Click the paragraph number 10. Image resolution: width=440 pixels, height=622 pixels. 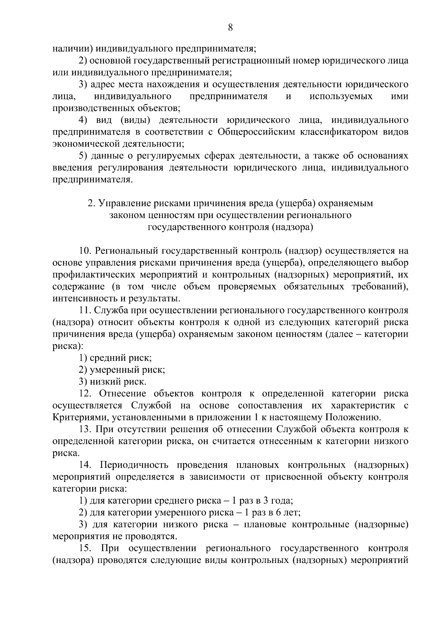tap(85, 251)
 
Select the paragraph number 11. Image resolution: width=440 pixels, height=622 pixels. tap(84, 310)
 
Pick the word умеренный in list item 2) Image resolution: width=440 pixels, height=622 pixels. tap(116, 370)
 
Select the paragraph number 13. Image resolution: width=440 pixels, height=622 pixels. tap(85, 429)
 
